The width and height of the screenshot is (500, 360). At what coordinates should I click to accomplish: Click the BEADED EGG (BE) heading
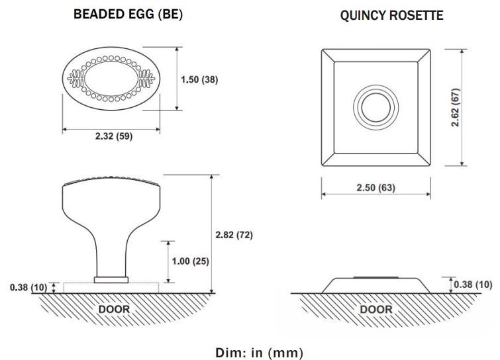(x=128, y=15)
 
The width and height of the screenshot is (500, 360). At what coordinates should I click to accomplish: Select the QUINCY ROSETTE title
(x=391, y=15)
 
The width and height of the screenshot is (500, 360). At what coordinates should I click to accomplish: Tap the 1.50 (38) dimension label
(x=199, y=79)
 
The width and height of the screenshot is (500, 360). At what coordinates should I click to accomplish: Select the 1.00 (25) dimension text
(x=190, y=261)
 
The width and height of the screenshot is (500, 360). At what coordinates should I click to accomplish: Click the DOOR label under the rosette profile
(x=376, y=309)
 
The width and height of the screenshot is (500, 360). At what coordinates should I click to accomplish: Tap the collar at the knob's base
(x=111, y=279)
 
